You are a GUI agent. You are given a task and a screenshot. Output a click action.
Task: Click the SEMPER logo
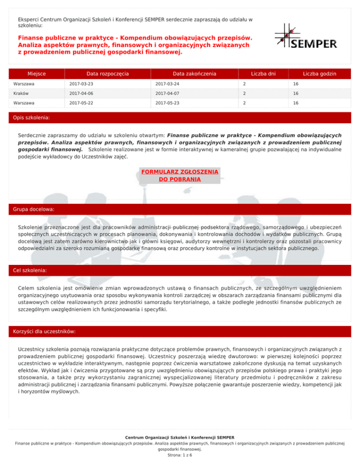point(306,37)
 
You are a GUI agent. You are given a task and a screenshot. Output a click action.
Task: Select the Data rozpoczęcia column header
point(108,74)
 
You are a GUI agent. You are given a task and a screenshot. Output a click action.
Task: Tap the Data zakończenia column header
point(194,74)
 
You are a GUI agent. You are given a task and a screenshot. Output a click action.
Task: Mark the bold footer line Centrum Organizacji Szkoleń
point(180,437)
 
